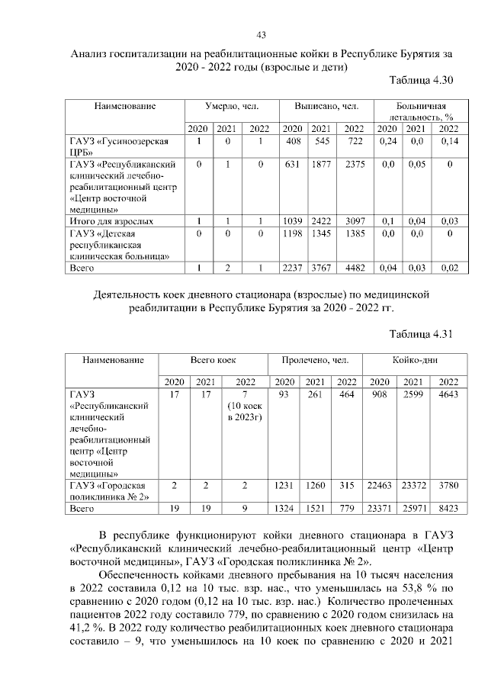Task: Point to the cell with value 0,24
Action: (x=389, y=142)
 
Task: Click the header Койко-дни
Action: (x=414, y=358)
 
